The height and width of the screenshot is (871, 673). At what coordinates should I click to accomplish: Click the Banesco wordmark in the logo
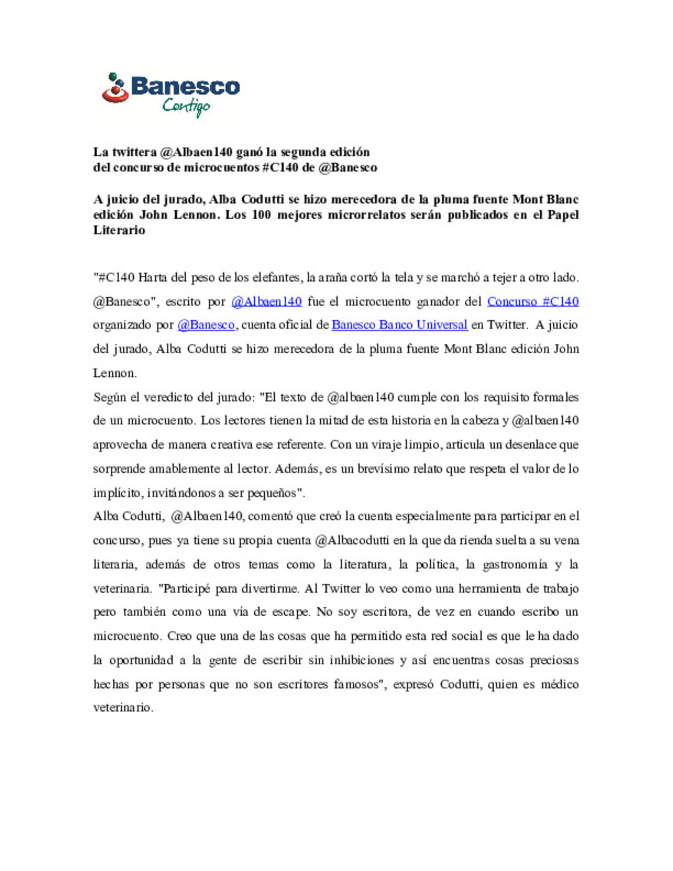[x=185, y=86]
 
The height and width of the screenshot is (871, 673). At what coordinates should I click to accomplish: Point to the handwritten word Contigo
[x=186, y=107]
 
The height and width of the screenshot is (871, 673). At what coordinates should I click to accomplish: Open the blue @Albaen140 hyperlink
[x=266, y=302]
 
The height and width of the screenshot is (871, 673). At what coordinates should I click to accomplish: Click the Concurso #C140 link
[x=533, y=302]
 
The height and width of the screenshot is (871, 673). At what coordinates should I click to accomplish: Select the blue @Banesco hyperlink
[x=206, y=325]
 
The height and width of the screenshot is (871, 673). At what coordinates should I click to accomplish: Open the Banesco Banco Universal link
[x=399, y=325]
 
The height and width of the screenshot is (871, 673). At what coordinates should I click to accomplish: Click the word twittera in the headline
[x=134, y=152]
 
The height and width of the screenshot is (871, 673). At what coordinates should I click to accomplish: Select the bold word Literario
[x=119, y=230]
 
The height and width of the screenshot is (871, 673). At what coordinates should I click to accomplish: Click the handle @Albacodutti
[x=352, y=540]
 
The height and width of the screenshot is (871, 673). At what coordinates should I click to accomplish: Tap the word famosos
[x=357, y=684]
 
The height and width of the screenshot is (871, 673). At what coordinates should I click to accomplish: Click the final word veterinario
[x=122, y=707]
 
